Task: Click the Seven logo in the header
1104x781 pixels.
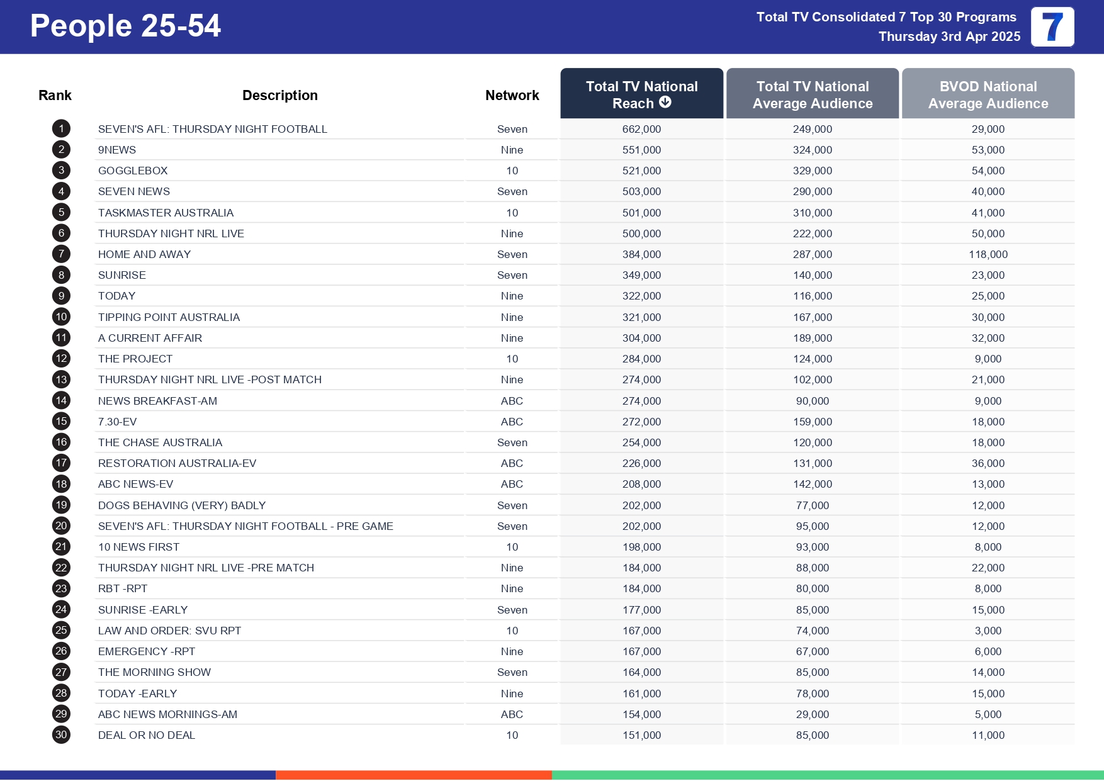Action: [1052, 27]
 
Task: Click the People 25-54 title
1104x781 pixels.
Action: [125, 26]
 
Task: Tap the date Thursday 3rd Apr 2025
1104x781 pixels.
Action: [949, 37]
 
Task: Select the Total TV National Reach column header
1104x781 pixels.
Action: [641, 94]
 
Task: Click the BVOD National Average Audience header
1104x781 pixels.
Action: [988, 94]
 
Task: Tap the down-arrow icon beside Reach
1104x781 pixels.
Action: [665, 103]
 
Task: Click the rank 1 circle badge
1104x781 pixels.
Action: [61, 129]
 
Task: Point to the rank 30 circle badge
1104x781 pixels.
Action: [61, 735]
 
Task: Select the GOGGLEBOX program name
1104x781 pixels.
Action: [133, 171]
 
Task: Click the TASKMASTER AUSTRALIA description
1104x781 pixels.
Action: [166, 213]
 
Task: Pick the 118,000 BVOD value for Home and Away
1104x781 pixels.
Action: [988, 254]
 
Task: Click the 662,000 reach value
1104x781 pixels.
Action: [641, 129]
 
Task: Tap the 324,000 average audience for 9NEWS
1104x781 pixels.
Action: [812, 150]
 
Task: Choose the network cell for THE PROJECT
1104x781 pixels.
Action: [512, 359]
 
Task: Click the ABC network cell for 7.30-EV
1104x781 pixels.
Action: [512, 422]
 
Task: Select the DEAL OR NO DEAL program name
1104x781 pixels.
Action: [147, 735]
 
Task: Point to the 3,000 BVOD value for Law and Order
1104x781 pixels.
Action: [988, 631]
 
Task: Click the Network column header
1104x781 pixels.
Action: [512, 95]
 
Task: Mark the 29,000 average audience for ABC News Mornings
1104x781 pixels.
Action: [812, 714]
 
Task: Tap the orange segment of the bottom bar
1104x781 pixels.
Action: [414, 775]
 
